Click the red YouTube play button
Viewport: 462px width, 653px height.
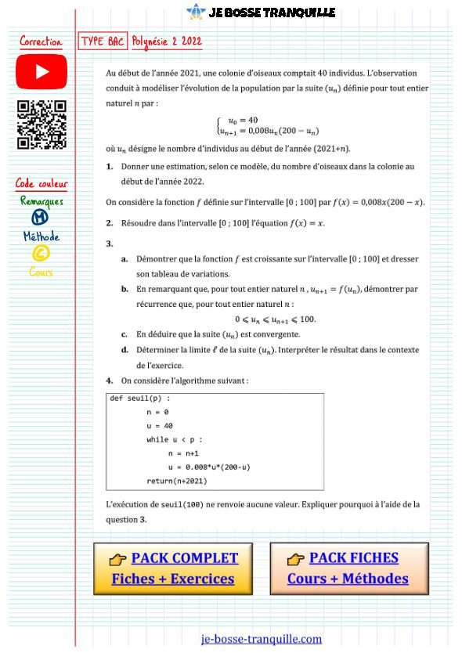42,72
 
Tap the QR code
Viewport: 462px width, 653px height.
42,125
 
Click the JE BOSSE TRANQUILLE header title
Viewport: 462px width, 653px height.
272,12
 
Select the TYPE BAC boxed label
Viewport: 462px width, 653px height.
103,41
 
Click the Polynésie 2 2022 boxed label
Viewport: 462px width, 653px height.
166,41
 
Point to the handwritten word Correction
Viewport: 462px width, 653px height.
41,41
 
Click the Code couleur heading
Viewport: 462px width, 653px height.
42,184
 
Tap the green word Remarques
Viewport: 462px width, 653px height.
42,201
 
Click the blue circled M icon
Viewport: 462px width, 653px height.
40,218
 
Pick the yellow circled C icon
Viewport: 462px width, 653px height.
40,253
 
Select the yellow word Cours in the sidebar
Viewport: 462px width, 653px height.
41,272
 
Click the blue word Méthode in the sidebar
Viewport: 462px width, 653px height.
41,236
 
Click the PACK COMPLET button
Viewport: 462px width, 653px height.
173,568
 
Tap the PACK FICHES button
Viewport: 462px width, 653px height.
348,568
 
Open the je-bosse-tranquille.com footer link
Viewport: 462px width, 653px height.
261,638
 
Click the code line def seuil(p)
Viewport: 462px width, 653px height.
140,398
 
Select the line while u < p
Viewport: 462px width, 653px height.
174,439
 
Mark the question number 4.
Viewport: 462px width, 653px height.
110,380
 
